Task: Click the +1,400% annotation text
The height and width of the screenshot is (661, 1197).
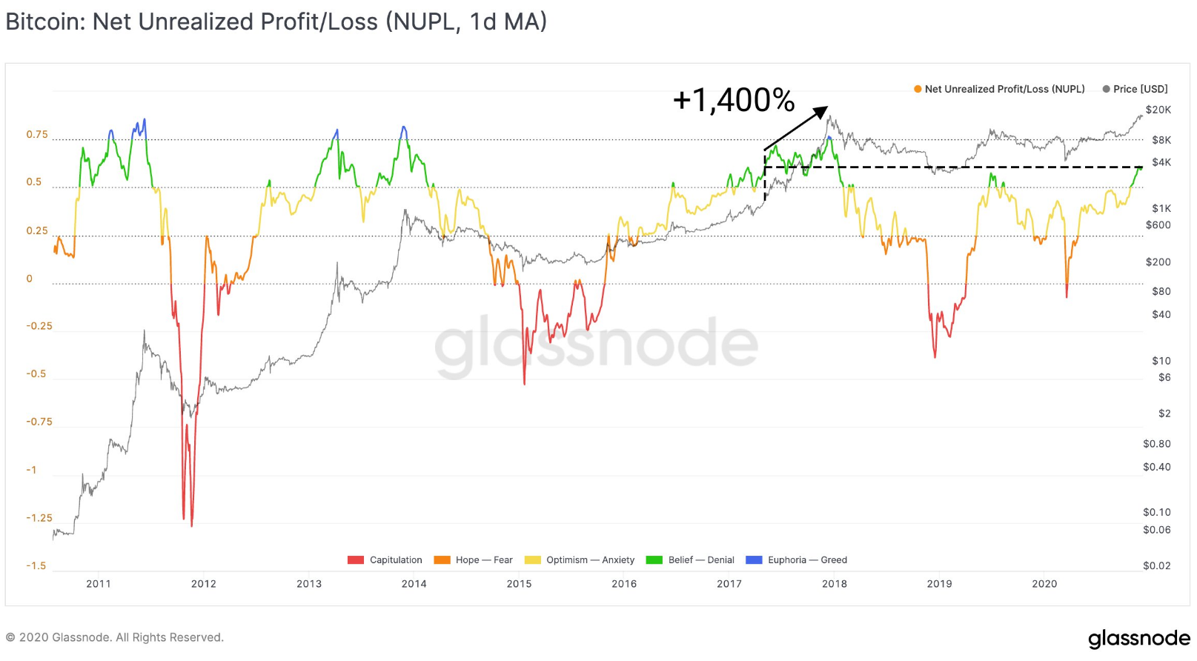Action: tap(734, 100)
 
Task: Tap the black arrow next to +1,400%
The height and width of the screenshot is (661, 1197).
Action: tap(796, 128)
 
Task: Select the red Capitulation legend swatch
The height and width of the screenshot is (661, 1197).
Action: tap(355, 560)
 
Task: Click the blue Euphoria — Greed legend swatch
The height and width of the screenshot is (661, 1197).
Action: tap(754, 560)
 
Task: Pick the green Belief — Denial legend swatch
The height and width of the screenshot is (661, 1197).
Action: tap(654, 560)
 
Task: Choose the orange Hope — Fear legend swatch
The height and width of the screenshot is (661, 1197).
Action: tap(442, 560)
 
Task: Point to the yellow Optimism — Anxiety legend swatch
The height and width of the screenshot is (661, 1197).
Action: tap(533, 560)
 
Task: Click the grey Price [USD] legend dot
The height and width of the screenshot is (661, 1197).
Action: tap(1106, 89)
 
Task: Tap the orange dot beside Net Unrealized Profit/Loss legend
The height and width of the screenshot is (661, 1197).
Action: tap(918, 89)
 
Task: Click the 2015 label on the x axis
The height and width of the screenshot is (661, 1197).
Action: tap(519, 584)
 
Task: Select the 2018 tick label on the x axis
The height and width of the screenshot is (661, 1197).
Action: tap(834, 584)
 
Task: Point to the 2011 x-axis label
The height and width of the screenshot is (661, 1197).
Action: tap(99, 584)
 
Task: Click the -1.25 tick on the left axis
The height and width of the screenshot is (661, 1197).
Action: tap(39, 518)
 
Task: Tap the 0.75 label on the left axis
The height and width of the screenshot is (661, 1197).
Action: tap(37, 135)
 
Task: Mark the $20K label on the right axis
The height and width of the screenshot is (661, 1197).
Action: tap(1158, 110)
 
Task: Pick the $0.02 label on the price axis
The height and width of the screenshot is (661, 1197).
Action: tap(1156, 566)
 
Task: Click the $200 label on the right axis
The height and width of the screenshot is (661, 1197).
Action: tap(1158, 262)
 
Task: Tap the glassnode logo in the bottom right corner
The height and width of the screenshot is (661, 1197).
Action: tap(1139, 639)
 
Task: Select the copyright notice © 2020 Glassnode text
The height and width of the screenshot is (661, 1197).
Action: tap(114, 637)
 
